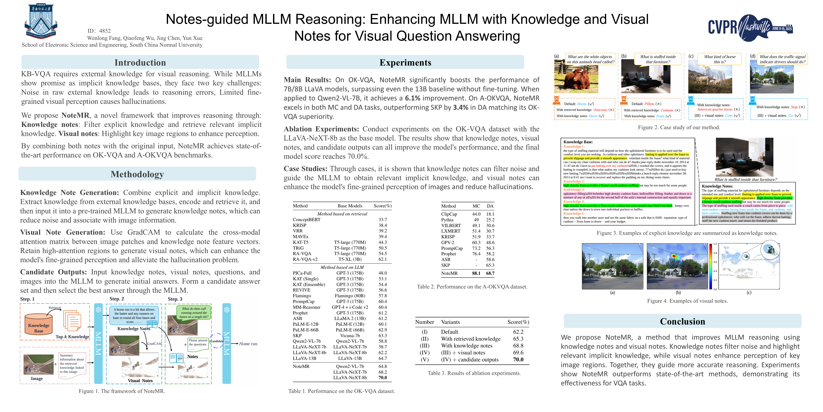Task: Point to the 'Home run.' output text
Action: [x=248, y=344]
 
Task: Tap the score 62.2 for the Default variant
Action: [x=518, y=332]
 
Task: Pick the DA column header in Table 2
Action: [x=490, y=206]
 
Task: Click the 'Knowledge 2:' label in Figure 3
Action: [x=574, y=181]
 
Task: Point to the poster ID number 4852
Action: [x=105, y=31]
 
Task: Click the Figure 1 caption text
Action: [x=122, y=391]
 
